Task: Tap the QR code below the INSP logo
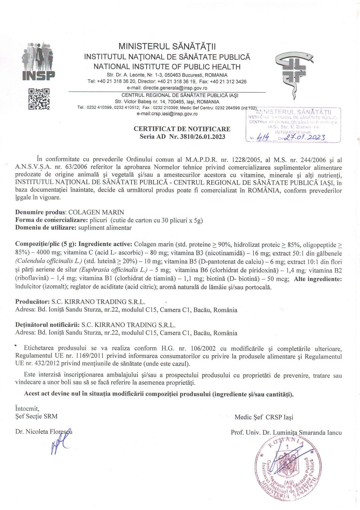tap(39, 99)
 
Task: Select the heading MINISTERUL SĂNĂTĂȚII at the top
tap(167, 46)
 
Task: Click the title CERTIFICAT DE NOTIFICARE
tap(182, 129)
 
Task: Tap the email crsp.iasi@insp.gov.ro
tap(167, 114)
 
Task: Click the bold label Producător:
tap(33, 302)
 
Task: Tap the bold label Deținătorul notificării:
tap(47, 325)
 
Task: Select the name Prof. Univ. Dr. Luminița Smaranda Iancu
tap(286, 432)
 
